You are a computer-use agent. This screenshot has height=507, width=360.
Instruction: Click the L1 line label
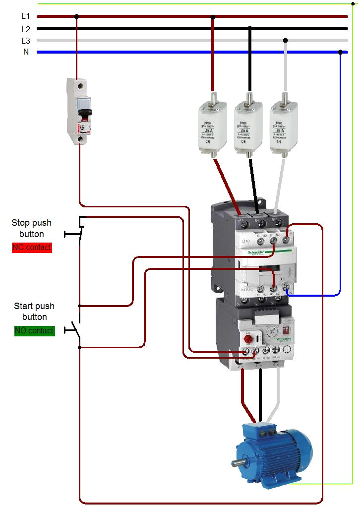tap(26, 16)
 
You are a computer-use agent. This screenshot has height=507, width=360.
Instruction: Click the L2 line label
tap(26, 29)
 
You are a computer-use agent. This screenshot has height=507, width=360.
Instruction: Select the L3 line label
tap(26, 41)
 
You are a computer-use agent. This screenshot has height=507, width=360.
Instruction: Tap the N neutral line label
tap(26, 52)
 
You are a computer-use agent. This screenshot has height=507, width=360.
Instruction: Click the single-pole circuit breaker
tap(79, 112)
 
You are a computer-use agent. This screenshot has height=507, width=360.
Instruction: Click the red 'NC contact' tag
tap(32, 247)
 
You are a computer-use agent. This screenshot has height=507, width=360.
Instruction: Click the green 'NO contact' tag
tap(34, 330)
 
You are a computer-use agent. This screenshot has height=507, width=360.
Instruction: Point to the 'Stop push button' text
tap(32, 228)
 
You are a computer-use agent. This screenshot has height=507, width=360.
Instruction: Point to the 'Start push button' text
tap(34, 312)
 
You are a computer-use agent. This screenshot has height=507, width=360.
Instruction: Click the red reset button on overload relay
tap(247, 339)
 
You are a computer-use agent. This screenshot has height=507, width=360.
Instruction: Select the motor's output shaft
tap(237, 463)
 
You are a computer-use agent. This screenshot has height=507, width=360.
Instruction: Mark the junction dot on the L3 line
tap(285, 40)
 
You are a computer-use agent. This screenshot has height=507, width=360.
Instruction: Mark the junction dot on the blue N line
tap(340, 52)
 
